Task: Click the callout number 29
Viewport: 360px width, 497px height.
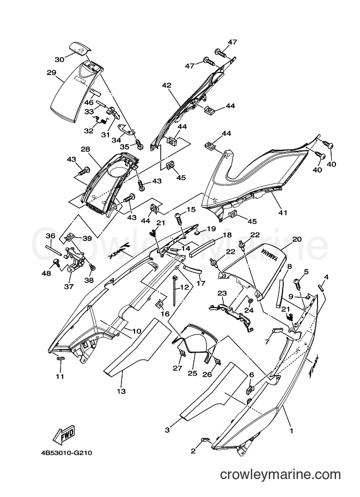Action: (51, 72)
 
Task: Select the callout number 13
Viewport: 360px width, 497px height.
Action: (121, 391)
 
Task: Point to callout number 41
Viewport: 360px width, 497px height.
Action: (283, 212)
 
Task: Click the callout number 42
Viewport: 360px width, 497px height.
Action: (167, 85)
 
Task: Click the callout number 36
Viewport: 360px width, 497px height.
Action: (51, 236)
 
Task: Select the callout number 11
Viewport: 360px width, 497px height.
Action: (60, 376)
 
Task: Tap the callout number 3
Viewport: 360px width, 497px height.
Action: (167, 430)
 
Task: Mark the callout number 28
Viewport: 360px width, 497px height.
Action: (86, 149)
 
